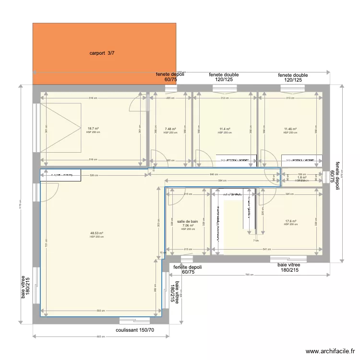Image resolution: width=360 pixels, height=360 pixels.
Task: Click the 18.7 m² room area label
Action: [x=93, y=129]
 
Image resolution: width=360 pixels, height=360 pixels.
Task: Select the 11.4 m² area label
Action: [x=225, y=129]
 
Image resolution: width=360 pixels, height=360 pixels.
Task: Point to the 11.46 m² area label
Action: [x=290, y=129]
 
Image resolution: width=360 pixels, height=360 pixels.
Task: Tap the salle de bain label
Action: [x=188, y=222]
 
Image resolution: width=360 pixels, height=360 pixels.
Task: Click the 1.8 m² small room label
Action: [x=301, y=178]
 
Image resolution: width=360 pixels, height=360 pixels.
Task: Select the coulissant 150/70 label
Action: [x=135, y=330]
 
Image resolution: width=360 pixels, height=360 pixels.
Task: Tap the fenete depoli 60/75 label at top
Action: [x=170, y=77]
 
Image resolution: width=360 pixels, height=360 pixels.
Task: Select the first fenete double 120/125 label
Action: [x=223, y=77]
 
